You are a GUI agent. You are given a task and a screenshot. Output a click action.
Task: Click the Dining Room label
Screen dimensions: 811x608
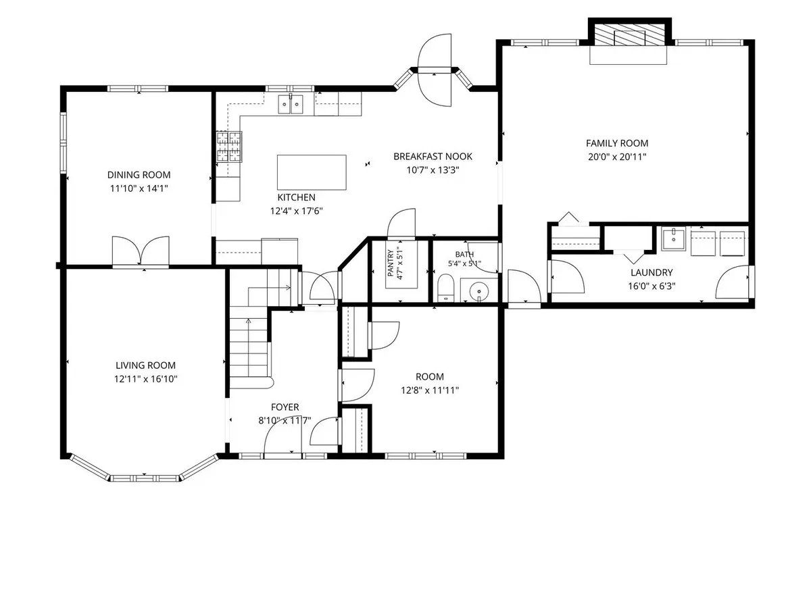click(139, 174)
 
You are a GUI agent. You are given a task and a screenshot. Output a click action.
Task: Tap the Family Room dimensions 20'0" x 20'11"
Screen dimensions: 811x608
click(617, 157)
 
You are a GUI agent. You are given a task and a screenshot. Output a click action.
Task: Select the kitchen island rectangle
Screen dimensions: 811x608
click(312, 172)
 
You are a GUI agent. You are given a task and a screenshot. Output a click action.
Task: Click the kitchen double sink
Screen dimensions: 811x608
click(291, 104)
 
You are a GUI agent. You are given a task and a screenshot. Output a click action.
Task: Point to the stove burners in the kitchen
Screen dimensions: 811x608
click(229, 147)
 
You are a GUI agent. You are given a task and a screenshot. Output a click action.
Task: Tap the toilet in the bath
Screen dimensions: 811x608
click(445, 288)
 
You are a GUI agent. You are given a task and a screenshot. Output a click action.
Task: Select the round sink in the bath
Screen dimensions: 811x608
click(479, 291)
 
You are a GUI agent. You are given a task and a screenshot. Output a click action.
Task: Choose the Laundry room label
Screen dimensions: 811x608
click(652, 272)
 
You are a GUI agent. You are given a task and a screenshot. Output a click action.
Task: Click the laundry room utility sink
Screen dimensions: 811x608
click(673, 239)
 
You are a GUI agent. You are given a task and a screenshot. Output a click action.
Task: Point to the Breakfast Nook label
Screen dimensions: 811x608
click(433, 157)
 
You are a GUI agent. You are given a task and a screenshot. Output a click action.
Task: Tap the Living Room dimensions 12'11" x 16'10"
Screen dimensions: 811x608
click(145, 379)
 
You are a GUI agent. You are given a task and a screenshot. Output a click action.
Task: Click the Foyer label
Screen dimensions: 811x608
click(285, 407)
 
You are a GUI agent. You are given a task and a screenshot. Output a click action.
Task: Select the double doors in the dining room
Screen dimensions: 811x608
click(141, 251)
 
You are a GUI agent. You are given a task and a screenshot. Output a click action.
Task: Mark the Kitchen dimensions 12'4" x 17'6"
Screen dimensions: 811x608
click(296, 211)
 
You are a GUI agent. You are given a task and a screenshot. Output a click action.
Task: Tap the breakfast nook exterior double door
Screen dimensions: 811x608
click(435, 70)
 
